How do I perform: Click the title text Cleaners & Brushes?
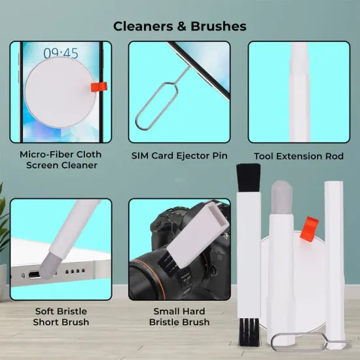[x=180, y=26]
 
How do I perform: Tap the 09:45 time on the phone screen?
[x=60, y=52]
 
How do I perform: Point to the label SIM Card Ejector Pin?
[x=179, y=156]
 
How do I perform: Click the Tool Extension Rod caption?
[x=298, y=156]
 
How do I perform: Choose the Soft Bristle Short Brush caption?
[x=60, y=317]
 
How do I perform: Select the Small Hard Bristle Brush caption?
[x=179, y=317]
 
